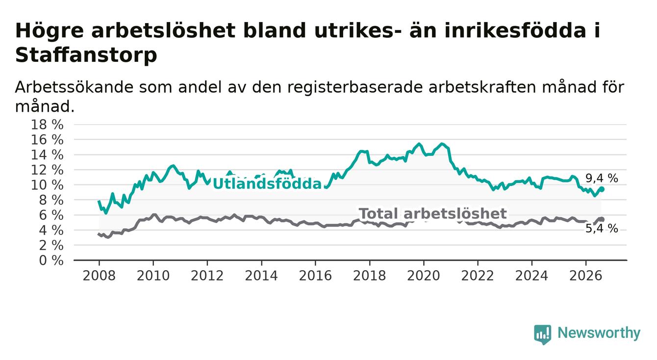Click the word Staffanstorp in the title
point(86,55)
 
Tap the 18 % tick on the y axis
point(47,125)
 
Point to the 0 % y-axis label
point(51,260)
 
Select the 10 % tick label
point(47,185)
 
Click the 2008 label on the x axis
point(99,276)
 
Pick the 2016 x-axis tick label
point(315,276)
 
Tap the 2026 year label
point(586,276)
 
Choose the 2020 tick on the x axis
point(424,276)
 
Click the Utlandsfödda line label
point(267,184)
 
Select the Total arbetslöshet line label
point(433,213)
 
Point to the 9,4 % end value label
point(602,179)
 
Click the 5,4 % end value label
point(602,229)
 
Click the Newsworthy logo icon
point(542,334)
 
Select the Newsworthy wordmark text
point(599,333)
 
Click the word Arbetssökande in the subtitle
point(74,87)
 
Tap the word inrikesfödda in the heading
point(515,30)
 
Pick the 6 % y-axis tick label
point(51,215)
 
